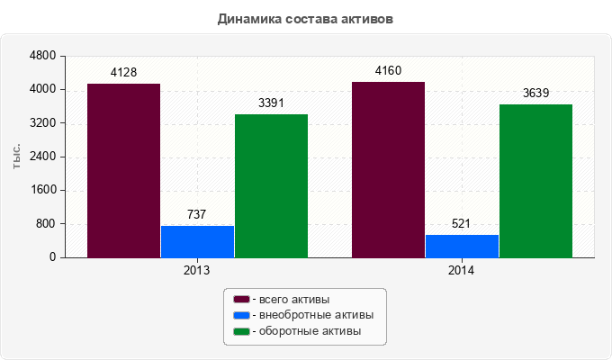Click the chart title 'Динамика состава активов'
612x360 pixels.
click(x=305, y=18)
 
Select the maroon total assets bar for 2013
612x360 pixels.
click(x=123, y=171)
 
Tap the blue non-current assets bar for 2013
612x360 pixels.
click(x=197, y=241)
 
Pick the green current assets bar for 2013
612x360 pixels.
click(x=271, y=185)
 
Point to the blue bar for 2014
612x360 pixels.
click(x=462, y=246)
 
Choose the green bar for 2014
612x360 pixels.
click(x=535, y=180)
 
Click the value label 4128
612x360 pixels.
click(x=123, y=72)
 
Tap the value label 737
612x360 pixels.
click(x=197, y=214)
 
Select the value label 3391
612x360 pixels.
click(x=271, y=103)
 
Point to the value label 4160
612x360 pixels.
click(x=388, y=70)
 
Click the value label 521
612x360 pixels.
click(x=462, y=223)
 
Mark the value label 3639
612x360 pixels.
click(x=535, y=93)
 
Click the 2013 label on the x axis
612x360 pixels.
click(x=197, y=269)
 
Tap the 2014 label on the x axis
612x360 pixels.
click(x=462, y=269)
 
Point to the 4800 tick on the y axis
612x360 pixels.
click(x=43, y=56)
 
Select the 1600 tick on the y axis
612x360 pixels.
click(x=43, y=190)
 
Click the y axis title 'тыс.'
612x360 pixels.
click(x=17, y=157)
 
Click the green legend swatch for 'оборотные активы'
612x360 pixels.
click(x=240, y=332)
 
